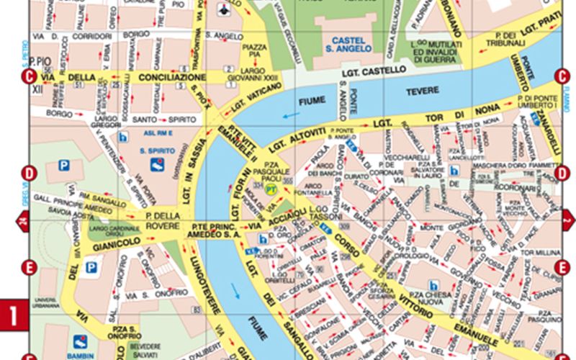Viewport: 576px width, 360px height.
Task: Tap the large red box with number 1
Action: click(13, 315)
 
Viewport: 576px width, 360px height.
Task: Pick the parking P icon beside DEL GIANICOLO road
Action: click(91, 268)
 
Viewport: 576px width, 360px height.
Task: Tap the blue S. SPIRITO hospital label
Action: click(153, 151)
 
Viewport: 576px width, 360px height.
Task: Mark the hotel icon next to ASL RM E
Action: click(122, 136)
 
